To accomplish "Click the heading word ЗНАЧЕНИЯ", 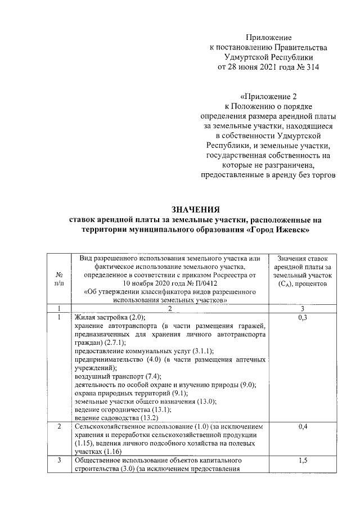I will click(193, 210).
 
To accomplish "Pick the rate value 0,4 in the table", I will click(304, 427).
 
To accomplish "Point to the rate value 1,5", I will click(304, 461).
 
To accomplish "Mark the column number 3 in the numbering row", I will click(304, 308).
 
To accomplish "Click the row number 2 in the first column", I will click(60, 427).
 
